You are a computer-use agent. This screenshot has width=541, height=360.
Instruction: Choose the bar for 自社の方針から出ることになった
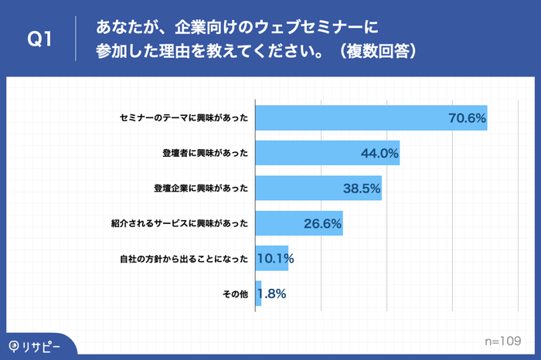click(x=270, y=258)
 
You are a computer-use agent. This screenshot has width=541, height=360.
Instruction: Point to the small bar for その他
click(x=258, y=294)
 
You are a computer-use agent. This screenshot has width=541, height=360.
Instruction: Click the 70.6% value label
click(x=466, y=118)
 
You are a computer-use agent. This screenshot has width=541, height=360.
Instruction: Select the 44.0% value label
click(x=379, y=153)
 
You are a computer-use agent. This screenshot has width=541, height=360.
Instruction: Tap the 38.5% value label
click(x=361, y=188)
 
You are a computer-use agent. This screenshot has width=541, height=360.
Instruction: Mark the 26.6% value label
click(x=322, y=223)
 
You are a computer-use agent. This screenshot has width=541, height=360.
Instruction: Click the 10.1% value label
click(x=274, y=258)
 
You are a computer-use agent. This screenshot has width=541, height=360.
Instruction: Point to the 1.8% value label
click(x=272, y=294)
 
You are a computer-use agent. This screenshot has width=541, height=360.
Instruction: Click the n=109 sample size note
click(x=500, y=340)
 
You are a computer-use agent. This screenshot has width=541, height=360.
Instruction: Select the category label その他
click(x=234, y=294)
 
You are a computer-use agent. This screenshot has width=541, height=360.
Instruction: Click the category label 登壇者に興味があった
click(x=201, y=153)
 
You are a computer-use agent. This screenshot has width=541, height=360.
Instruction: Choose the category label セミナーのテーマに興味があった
click(x=184, y=118)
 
